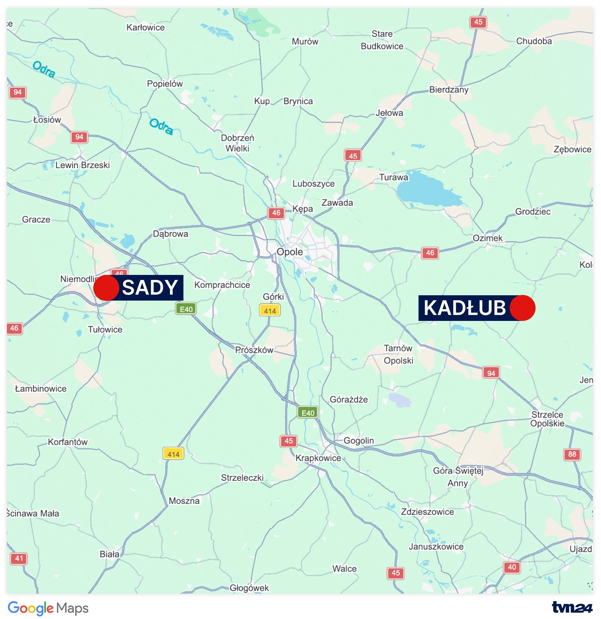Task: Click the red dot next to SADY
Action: click(x=106, y=288)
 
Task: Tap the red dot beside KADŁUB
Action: click(x=522, y=308)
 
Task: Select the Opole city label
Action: click(x=290, y=252)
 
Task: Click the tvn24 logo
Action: click(x=572, y=607)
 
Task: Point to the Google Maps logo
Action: click(x=48, y=608)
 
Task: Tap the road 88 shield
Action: click(x=572, y=454)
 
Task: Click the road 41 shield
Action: click(x=19, y=558)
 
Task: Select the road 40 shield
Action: click(x=511, y=567)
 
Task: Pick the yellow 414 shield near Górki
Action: click(x=270, y=311)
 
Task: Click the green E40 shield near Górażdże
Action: click(x=308, y=413)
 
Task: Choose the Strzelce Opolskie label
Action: click(x=547, y=419)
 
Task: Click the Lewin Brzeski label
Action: click(x=82, y=165)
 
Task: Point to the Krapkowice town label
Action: click(x=318, y=458)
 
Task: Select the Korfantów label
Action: click(x=68, y=442)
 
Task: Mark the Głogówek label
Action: click(x=249, y=588)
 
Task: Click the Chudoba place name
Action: click(x=534, y=41)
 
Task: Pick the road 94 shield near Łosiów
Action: click(x=79, y=137)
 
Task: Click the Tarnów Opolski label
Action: click(x=398, y=354)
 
